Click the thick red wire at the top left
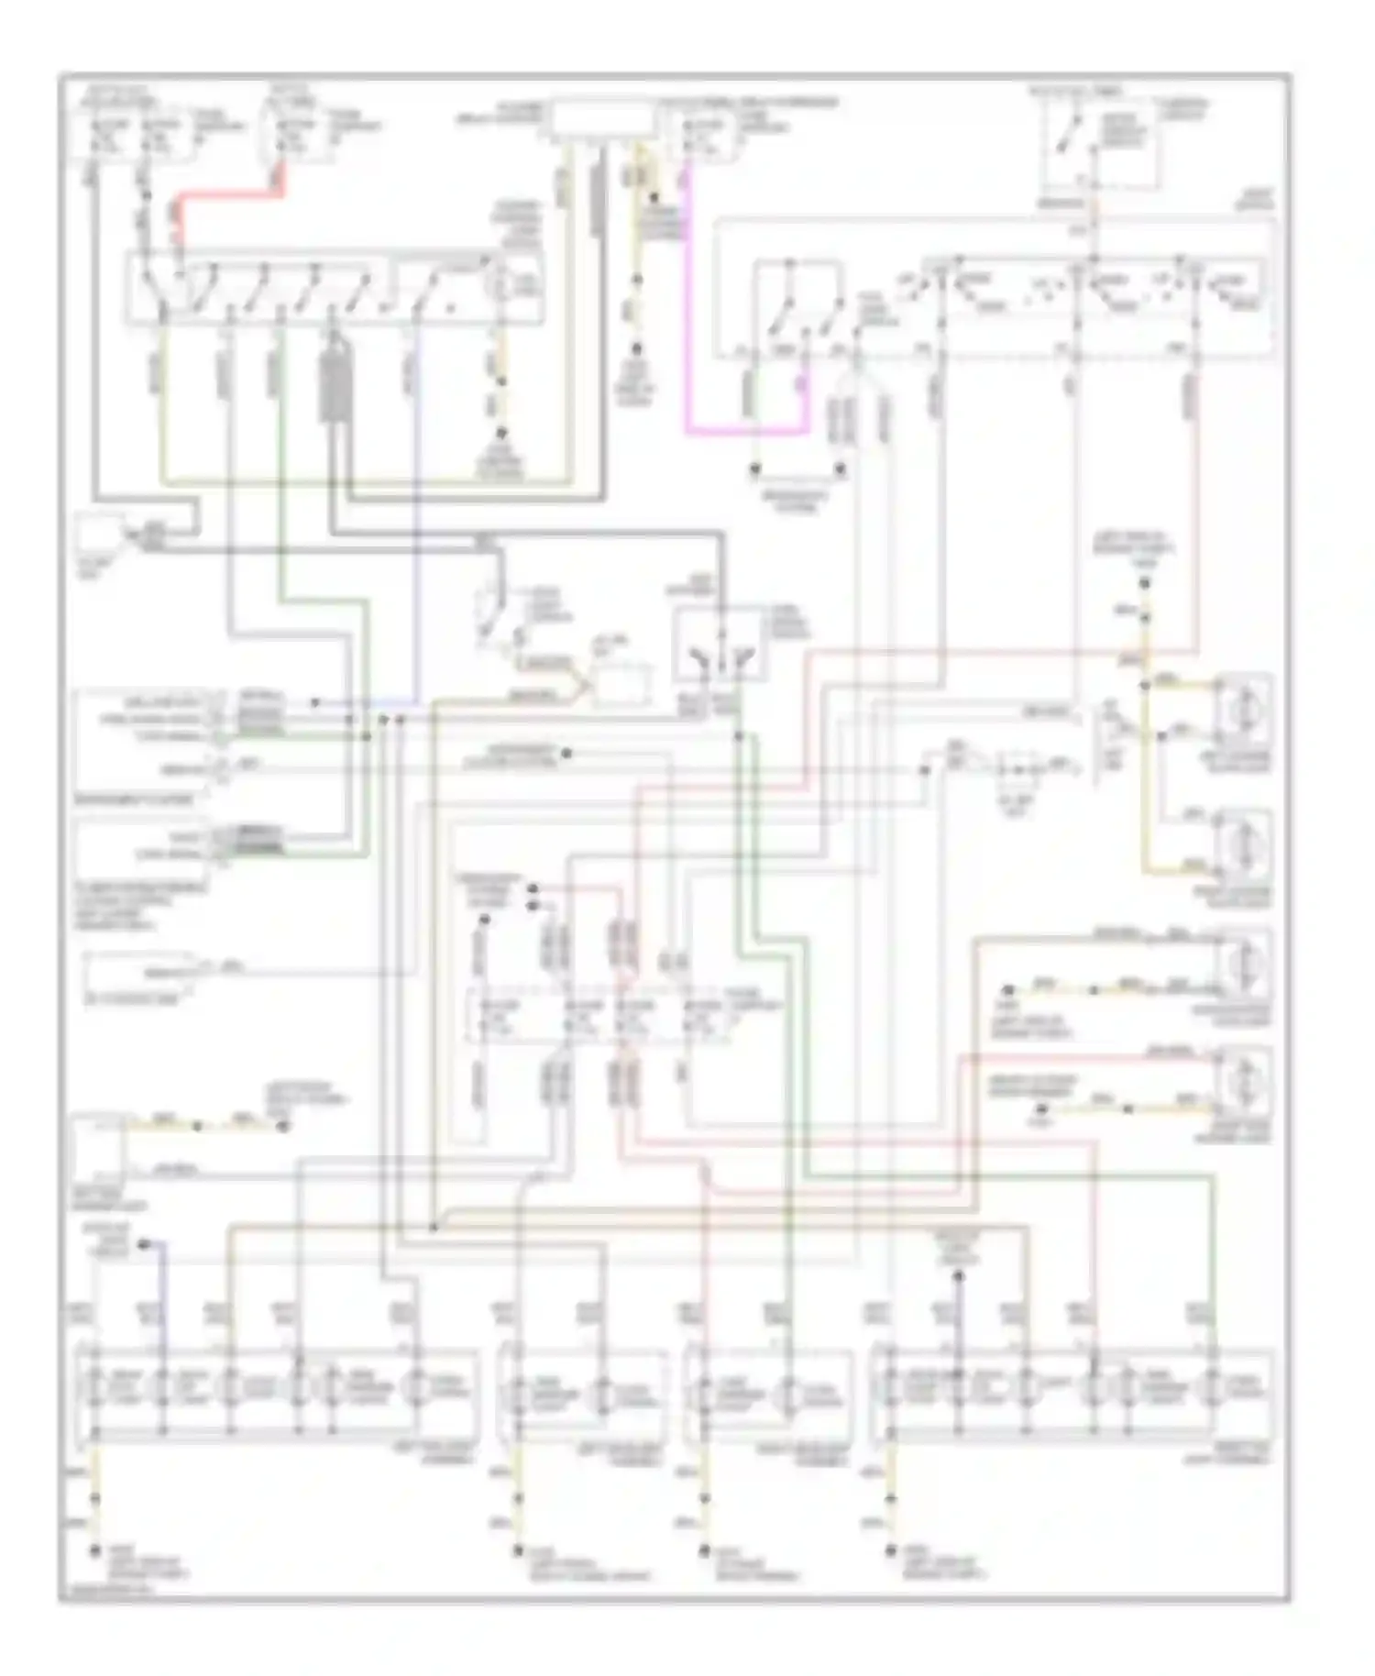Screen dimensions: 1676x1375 click(229, 196)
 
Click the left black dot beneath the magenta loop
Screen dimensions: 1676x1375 click(755, 469)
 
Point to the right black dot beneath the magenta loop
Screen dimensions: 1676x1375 click(840, 469)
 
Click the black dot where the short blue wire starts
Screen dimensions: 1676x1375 click(143, 1244)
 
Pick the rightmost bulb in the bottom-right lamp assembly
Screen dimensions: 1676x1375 click(1214, 1387)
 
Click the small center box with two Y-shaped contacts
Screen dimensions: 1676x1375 click(720, 647)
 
